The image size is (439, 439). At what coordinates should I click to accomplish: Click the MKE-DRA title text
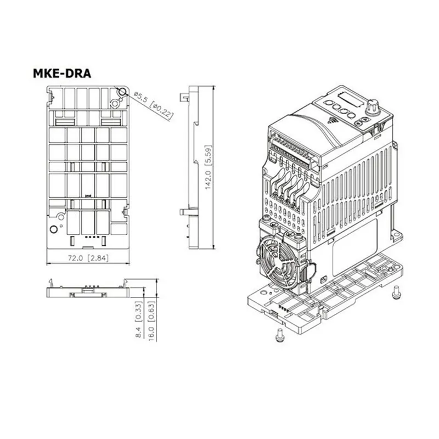(x=62, y=74)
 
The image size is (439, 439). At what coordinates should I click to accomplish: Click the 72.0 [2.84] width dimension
(x=88, y=258)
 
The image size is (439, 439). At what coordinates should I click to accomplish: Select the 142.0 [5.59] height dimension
(x=208, y=167)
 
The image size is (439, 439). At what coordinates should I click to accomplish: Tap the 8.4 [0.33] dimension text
(x=139, y=319)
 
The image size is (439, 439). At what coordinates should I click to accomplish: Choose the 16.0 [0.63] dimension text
(x=151, y=321)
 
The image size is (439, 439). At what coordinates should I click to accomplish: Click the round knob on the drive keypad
(x=373, y=106)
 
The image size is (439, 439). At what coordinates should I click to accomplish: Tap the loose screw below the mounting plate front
(x=280, y=335)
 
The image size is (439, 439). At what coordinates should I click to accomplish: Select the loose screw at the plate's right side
(x=396, y=292)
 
